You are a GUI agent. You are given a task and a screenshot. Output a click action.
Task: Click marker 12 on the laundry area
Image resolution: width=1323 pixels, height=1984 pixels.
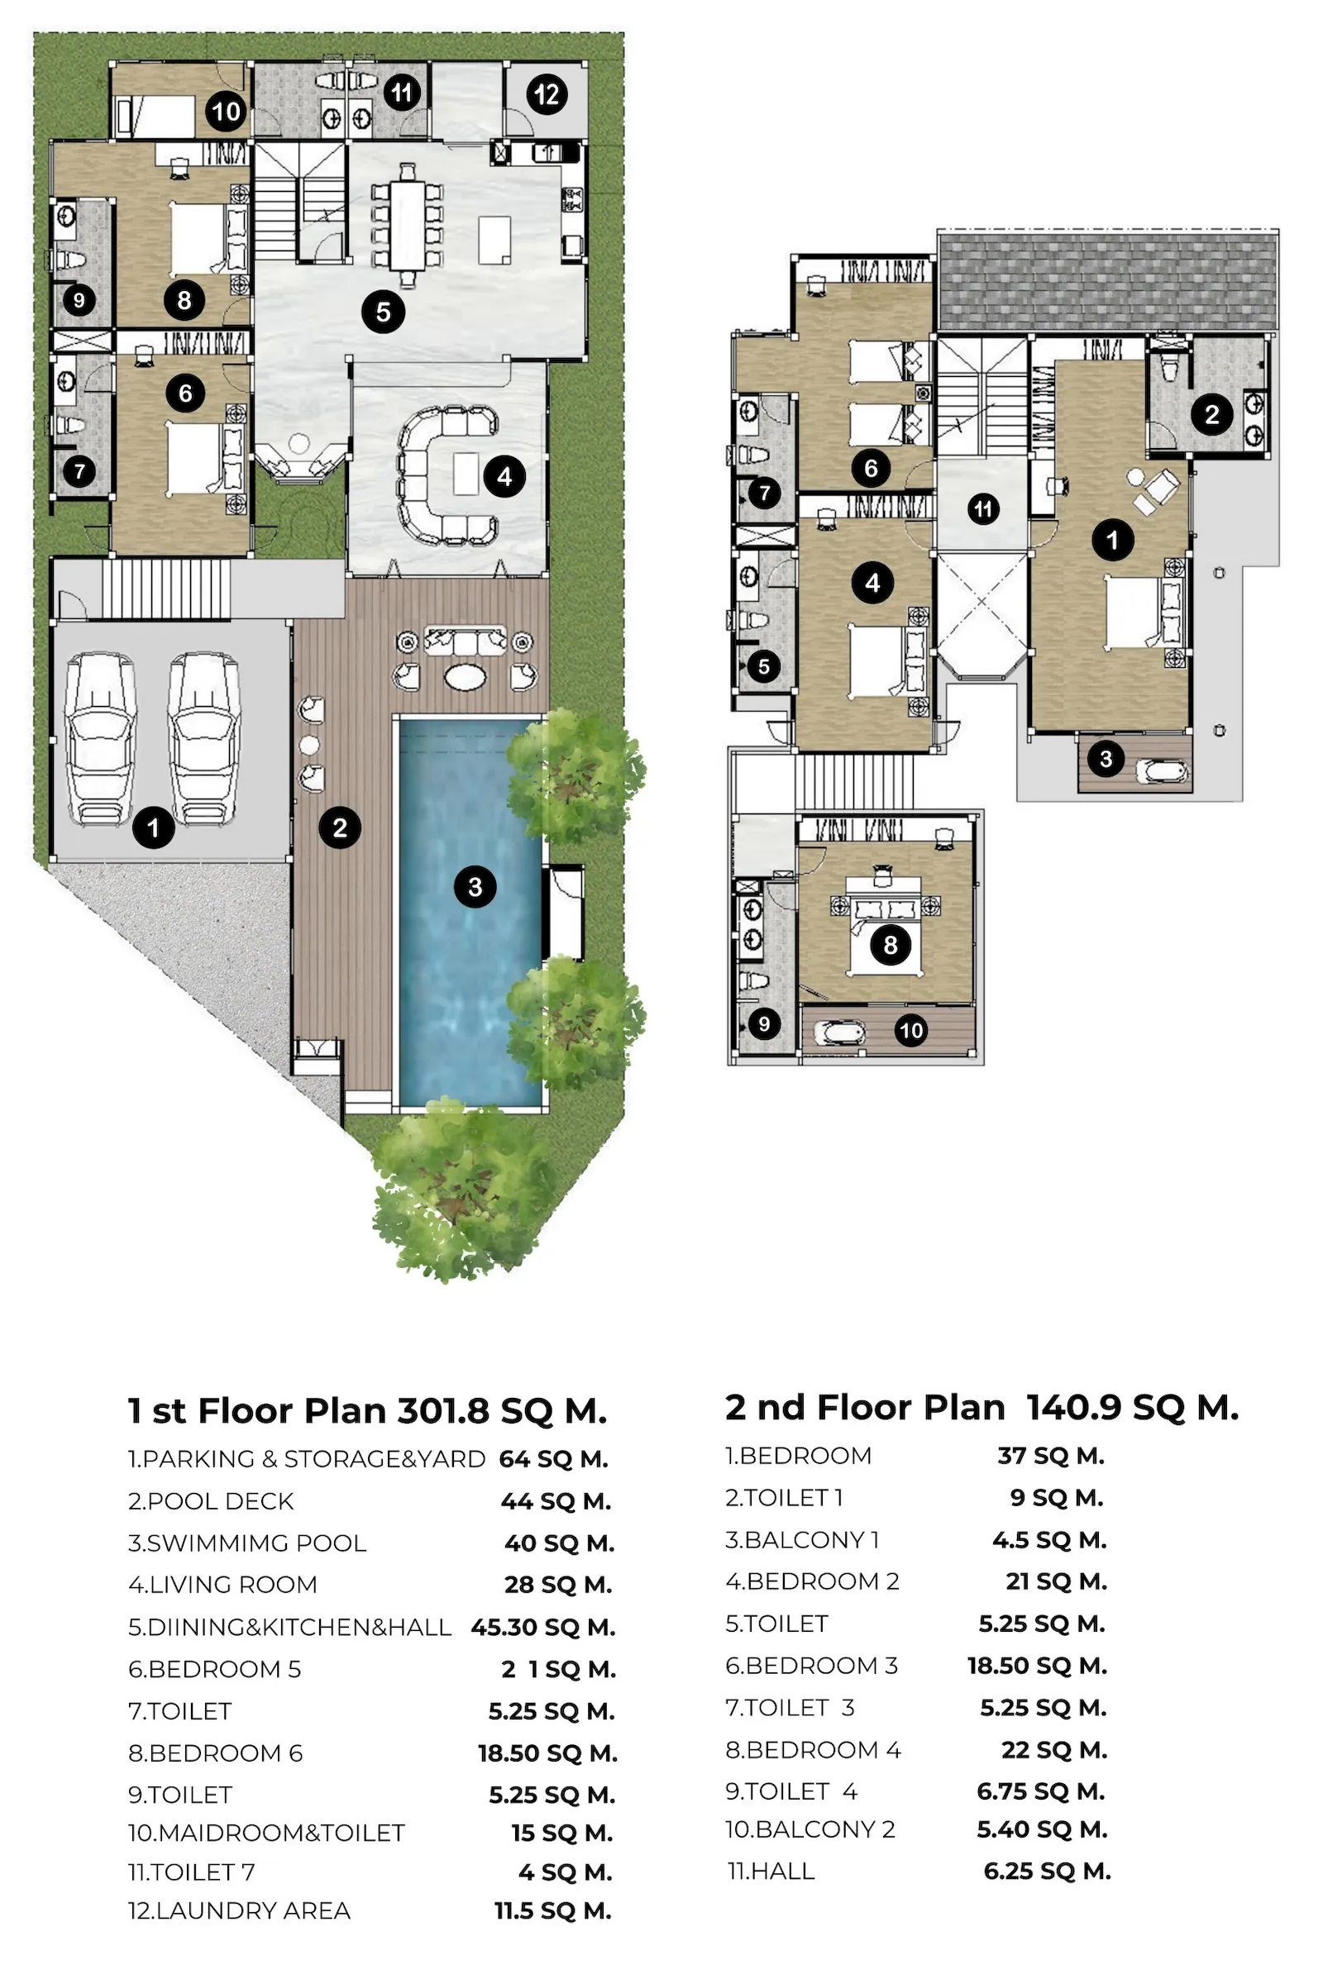coord(547,94)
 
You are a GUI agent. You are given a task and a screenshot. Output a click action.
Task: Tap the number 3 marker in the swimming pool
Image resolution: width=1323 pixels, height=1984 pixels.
coord(475,886)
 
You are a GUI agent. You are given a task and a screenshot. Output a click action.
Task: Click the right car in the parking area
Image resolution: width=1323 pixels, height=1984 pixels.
coord(203,739)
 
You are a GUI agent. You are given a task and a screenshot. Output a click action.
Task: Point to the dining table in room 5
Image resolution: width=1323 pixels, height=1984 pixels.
coord(408,224)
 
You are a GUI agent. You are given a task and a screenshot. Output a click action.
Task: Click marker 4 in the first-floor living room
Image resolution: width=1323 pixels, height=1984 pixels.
coord(504,477)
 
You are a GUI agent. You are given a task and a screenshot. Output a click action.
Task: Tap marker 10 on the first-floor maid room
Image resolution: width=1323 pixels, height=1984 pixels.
coord(226,112)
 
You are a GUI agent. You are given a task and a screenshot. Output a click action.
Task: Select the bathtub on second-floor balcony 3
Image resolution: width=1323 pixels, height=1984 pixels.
coord(1161,771)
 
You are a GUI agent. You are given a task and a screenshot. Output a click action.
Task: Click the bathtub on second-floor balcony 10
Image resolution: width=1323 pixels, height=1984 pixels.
coord(833,1033)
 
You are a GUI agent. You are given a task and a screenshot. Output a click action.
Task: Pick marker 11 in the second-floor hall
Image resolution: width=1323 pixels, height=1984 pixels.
coord(983,508)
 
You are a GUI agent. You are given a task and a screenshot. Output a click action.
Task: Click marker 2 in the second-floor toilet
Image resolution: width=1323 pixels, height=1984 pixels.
coord(1211,414)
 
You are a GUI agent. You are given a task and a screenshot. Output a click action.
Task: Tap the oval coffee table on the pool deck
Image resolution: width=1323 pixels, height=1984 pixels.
coord(465,675)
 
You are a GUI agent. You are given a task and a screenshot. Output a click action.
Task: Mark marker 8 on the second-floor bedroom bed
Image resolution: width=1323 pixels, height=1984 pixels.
coord(891,945)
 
